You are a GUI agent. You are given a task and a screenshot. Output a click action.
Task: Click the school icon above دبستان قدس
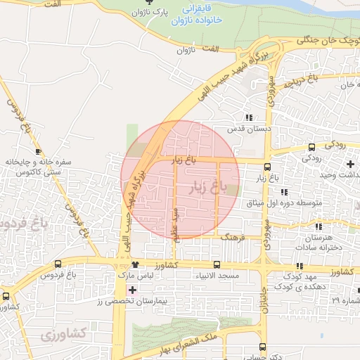pyautogui.click(x=247, y=118)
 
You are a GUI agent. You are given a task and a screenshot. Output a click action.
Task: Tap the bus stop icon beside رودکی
pyautogui.click(x=311, y=147)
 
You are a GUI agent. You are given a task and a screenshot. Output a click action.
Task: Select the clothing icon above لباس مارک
pyautogui.click(x=135, y=265)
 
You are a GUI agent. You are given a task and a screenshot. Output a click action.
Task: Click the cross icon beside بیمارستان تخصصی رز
pyautogui.click(x=131, y=290)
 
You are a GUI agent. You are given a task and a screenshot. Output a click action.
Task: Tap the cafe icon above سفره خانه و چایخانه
pyautogui.click(x=37, y=151)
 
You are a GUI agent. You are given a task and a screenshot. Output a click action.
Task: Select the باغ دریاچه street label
pyautogui.click(x=303, y=82)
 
